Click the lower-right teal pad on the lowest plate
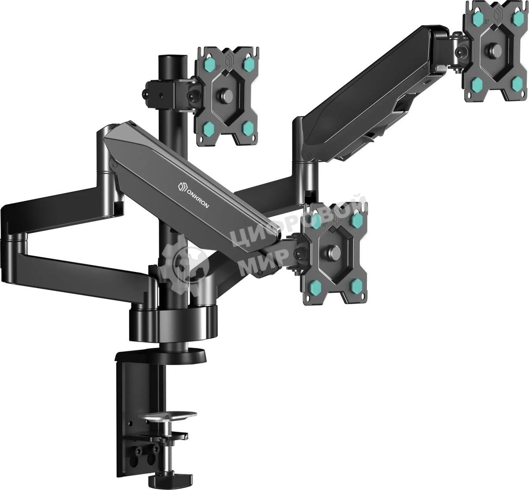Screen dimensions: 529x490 coord(356,286)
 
